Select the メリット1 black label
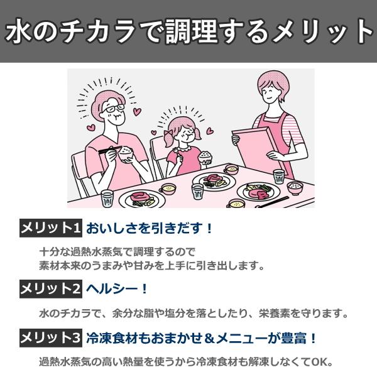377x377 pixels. (x=51, y=227)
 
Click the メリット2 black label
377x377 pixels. (x=51, y=289)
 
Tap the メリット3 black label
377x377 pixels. (x=51, y=337)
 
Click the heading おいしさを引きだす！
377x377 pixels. (x=150, y=228)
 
